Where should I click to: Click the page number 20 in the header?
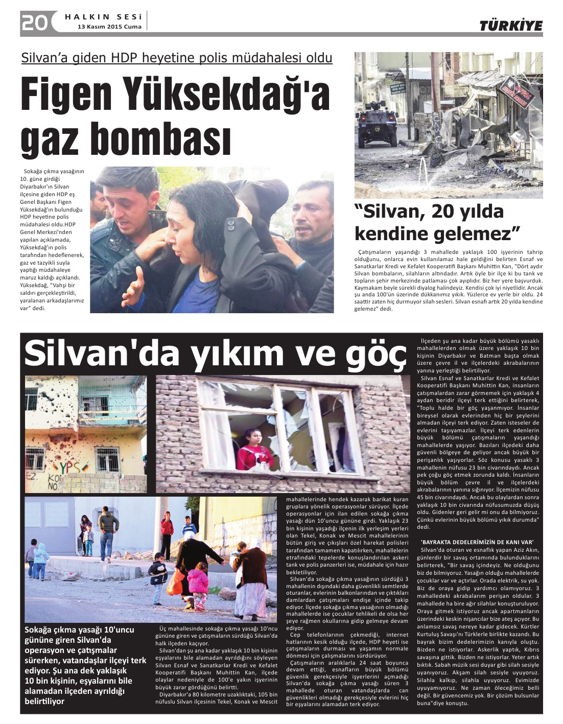click(x=35, y=22)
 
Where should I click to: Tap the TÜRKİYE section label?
click(x=510, y=26)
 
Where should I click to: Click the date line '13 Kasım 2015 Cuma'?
click(x=109, y=27)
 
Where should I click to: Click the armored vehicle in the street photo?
click(x=378, y=125)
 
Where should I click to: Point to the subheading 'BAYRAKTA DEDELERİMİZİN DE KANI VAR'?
click(x=477, y=542)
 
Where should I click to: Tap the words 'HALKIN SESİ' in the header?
click(x=103, y=17)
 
